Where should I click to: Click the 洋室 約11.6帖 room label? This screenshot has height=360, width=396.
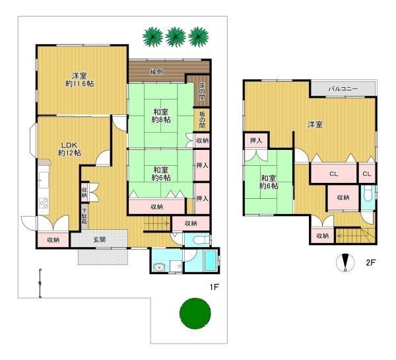click(80, 80)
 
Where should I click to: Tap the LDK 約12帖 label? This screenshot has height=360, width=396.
click(69, 149)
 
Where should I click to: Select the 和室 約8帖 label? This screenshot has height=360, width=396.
click(161, 116)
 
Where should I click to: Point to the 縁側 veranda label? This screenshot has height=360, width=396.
click(156, 72)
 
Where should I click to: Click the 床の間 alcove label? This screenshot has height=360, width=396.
click(202, 92)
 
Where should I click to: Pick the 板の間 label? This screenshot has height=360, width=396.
click(202, 120)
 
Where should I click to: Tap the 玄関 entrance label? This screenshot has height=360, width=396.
click(100, 239)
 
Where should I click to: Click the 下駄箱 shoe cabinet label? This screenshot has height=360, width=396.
click(84, 217)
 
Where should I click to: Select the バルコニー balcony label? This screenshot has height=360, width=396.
click(343, 89)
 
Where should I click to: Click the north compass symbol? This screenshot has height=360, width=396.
click(345, 263)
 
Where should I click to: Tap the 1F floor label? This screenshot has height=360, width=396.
click(214, 287)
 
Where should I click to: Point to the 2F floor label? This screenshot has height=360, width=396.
click(371, 262)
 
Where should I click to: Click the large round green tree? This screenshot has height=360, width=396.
click(195, 314)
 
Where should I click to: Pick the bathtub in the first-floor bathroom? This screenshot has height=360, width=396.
click(210, 260)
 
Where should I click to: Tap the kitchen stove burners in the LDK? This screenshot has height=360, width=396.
click(44, 203)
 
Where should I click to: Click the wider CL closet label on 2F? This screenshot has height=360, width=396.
click(333, 174)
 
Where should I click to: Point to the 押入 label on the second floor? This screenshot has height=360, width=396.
click(256, 141)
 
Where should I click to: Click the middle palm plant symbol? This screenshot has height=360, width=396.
click(176, 37)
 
